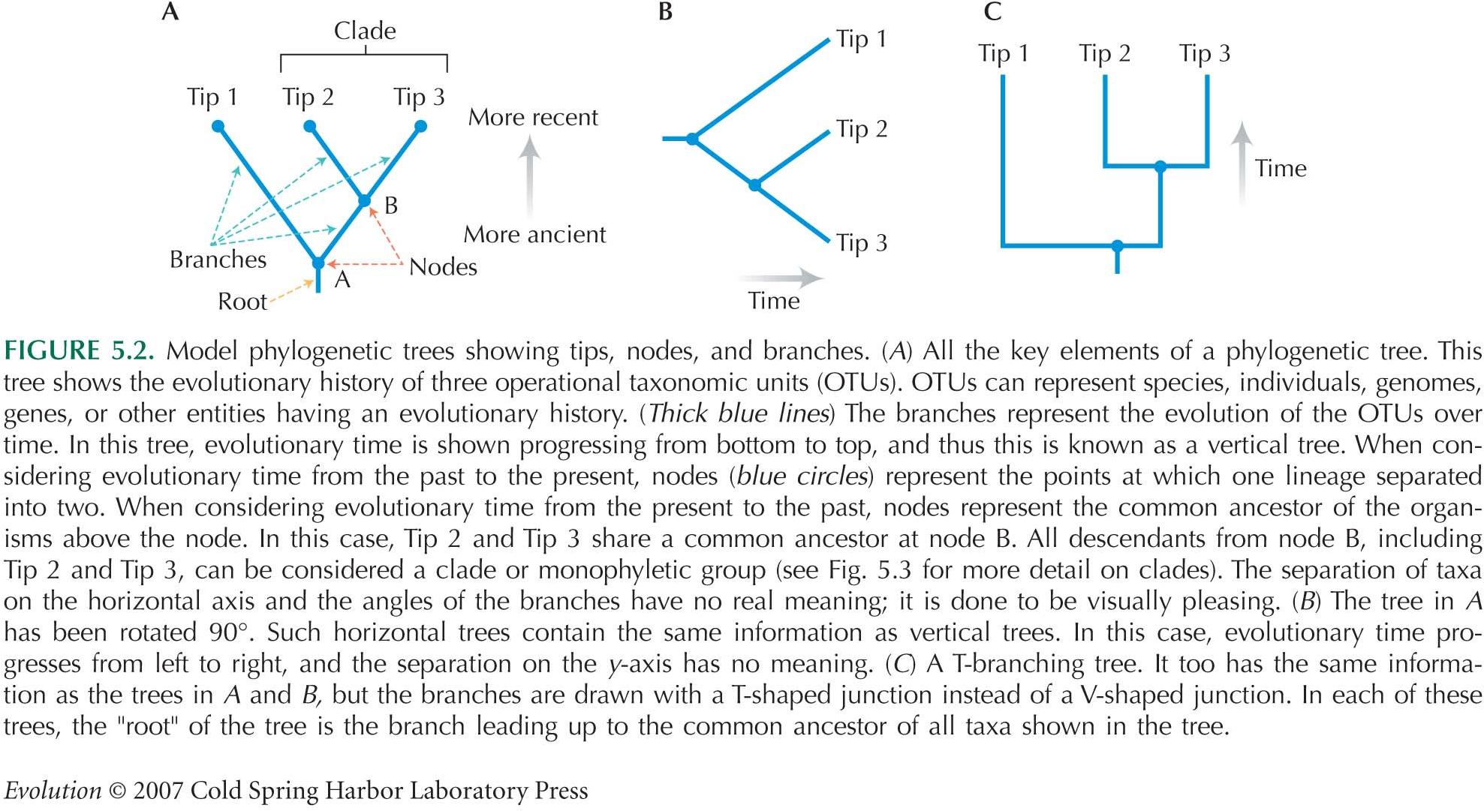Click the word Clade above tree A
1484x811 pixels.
pyautogui.click(x=365, y=31)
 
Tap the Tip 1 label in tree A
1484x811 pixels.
pyautogui.click(x=212, y=97)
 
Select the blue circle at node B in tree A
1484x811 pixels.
pyautogui.click(x=365, y=200)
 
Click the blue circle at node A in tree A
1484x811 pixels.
pyautogui.click(x=318, y=263)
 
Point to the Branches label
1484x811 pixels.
pyautogui.click(x=218, y=260)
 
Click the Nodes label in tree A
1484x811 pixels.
pyautogui.click(x=443, y=267)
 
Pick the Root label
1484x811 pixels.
pyautogui.click(x=242, y=302)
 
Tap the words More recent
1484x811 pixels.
pyautogui.click(x=533, y=118)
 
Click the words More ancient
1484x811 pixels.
pyautogui.click(x=534, y=235)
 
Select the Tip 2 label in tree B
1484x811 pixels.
pyautogui.click(x=862, y=129)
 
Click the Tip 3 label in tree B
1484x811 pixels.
pyautogui.click(x=862, y=243)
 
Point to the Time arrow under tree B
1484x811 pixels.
pyautogui.click(x=781, y=278)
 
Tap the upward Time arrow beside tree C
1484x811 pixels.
pyautogui.click(x=1242, y=164)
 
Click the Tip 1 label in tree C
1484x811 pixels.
pyautogui.click(x=1004, y=53)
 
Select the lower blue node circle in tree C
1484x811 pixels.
pyautogui.click(x=1118, y=245)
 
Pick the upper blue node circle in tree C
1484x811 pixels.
pyautogui.click(x=1160, y=167)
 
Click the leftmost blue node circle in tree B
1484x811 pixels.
pyautogui.click(x=692, y=139)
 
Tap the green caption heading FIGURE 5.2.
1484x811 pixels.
pyautogui.click(x=79, y=350)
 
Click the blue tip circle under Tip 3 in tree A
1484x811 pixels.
pyautogui.click(x=421, y=127)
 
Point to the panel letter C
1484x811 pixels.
pyautogui.click(x=992, y=11)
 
